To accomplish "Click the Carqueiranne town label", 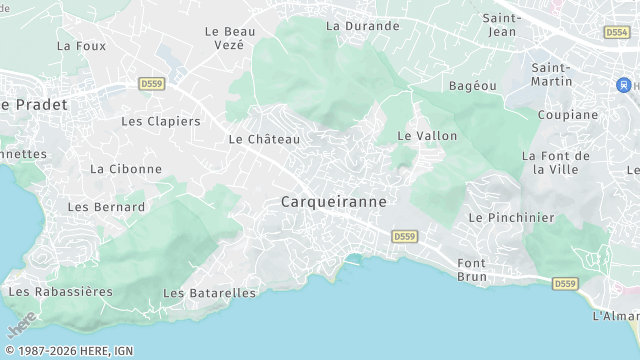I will pyautogui.click(x=333, y=201).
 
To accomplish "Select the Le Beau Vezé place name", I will pyautogui.click(x=230, y=38).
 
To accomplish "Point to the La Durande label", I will pyautogui.click(x=362, y=26).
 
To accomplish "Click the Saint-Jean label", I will pyautogui.click(x=500, y=25).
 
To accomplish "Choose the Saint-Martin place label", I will pyautogui.click(x=551, y=75).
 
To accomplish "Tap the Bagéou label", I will pyautogui.click(x=472, y=86).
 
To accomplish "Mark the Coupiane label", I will pyautogui.click(x=567, y=115).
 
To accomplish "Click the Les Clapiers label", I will pyautogui.click(x=160, y=121).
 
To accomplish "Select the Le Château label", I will pyautogui.click(x=264, y=139).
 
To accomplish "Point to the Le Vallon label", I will pyautogui.click(x=427, y=135).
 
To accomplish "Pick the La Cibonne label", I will pyautogui.click(x=125, y=169).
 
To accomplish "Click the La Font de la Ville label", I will pyautogui.click(x=556, y=162).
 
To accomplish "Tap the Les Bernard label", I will pyautogui.click(x=106, y=207).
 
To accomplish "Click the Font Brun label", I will pyautogui.click(x=472, y=270).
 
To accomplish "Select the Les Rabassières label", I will pyautogui.click(x=60, y=292).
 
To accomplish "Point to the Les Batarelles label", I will pyautogui.click(x=209, y=293).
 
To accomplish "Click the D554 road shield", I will pyautogui.click(x=616, y=32).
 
